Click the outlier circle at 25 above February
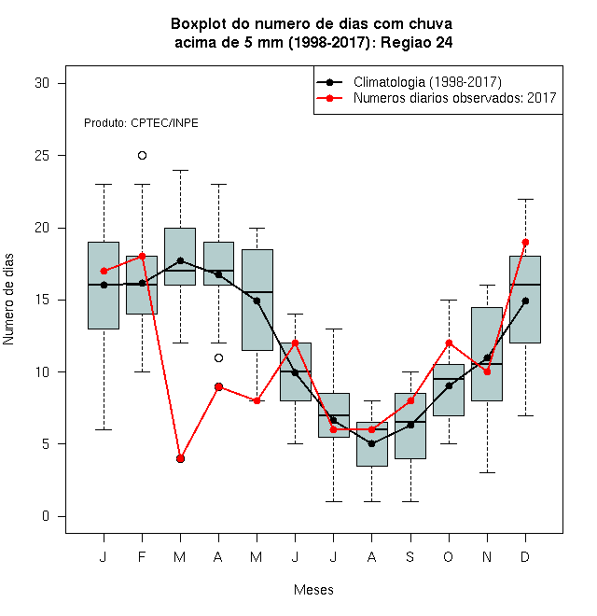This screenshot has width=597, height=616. tap(142, 156)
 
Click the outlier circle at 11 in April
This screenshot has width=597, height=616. tap(219, 357)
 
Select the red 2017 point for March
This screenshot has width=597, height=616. tap(180, 458)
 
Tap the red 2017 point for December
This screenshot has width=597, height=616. tap(525, 242)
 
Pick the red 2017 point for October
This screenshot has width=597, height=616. tap(449, 343)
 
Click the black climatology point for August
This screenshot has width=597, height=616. tap(371, 444)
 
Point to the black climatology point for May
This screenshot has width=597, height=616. tap(257, 301)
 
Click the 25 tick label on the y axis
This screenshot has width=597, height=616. tap(42, 156)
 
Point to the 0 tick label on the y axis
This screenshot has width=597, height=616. tap(46, 516)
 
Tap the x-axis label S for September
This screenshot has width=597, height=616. tap(410, 556)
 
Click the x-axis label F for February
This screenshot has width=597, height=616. tap(142, 556)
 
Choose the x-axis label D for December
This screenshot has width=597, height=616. tap(525, 556)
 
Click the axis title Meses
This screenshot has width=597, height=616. tap(313, 590)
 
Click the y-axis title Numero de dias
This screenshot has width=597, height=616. tap(8, 300)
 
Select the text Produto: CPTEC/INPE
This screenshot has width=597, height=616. tap(141, 123)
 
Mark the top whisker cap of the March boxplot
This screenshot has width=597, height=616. tap(180, 170)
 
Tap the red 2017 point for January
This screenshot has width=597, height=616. tap(104, 271)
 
